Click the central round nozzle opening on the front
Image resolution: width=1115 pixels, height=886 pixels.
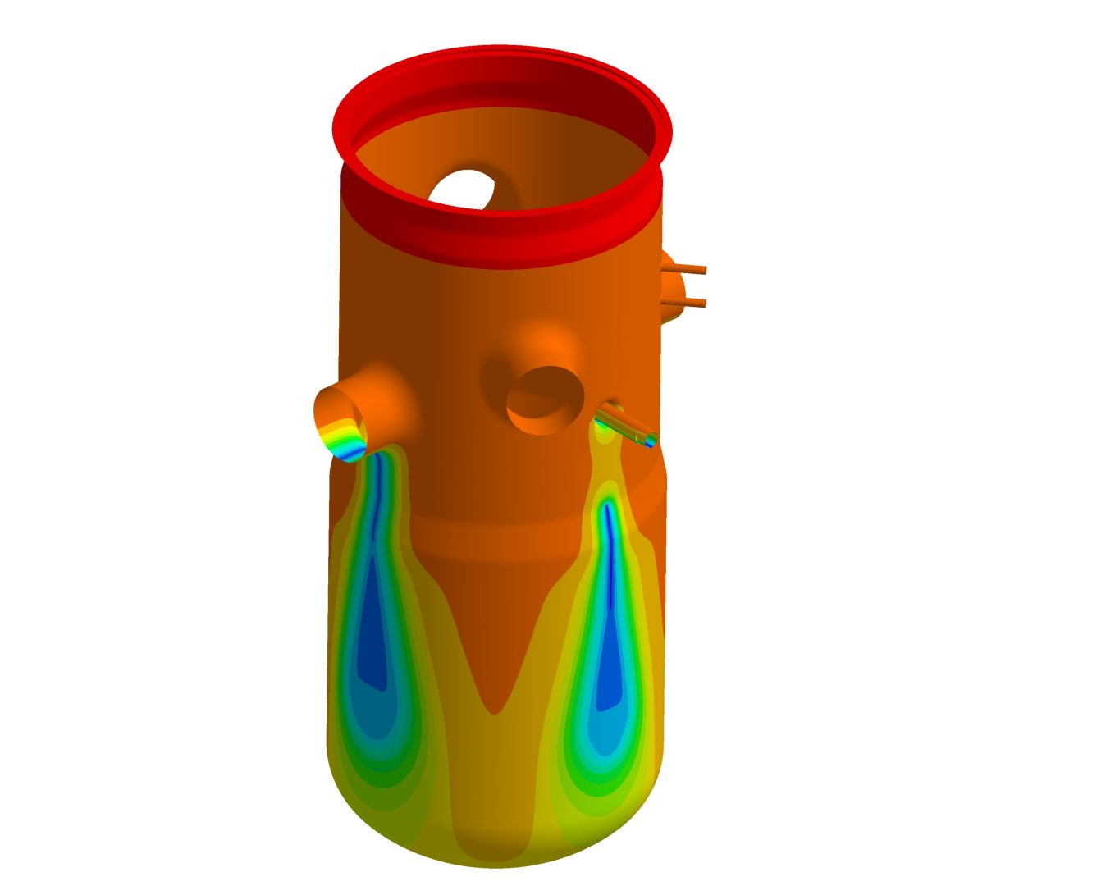545,400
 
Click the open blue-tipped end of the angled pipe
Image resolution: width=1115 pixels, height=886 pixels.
651,441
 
